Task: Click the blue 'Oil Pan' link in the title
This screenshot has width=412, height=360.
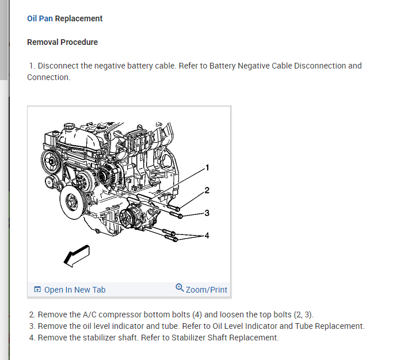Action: (40, 18)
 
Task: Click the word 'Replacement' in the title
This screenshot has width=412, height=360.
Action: (79, 18)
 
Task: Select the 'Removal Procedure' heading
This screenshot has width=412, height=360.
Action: (62, 42)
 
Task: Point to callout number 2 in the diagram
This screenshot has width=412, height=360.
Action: (207, 191)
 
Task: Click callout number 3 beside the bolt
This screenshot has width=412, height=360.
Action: (207, 213)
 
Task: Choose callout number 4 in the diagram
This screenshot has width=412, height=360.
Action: (207, 236)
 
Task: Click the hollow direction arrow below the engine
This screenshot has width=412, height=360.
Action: (77, 255)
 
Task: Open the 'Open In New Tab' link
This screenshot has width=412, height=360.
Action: (75, 290)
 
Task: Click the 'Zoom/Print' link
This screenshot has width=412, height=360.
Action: (207, 290)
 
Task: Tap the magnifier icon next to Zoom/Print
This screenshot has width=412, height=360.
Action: (180, 289)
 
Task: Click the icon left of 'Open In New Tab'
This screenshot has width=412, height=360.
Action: (37, 290)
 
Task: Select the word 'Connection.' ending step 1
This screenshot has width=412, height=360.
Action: (49, 77)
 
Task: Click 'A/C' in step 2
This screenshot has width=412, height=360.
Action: (89, 314)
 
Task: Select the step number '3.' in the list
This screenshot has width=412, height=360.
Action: (32, 326)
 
